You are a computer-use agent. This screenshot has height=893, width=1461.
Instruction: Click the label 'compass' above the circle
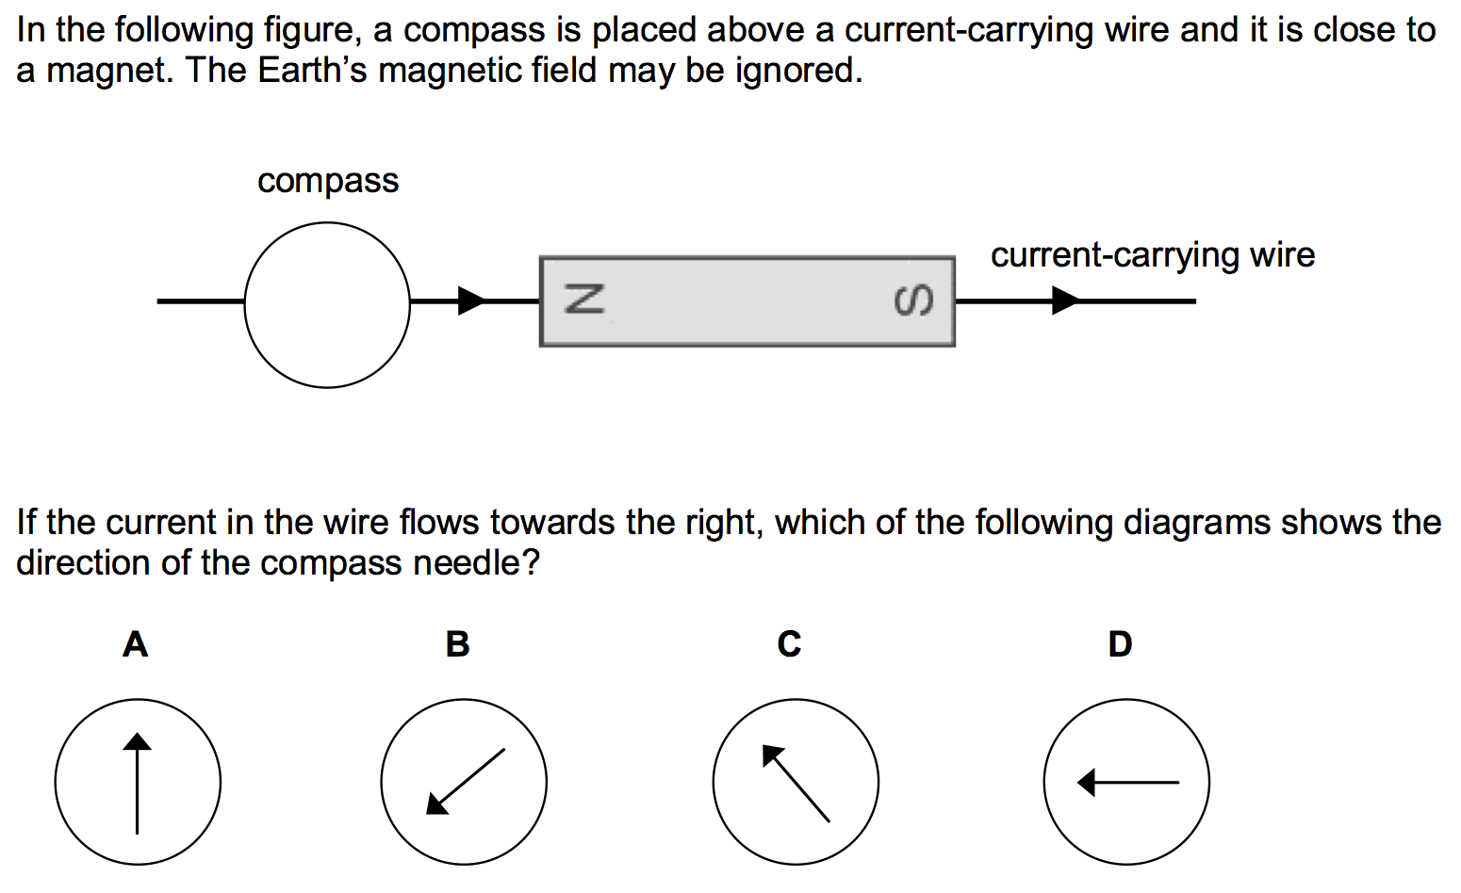(x=328, y=181)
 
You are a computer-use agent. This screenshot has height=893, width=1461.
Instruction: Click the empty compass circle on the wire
(x=327, y=304)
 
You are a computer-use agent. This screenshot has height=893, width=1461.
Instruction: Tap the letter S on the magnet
(x=913, y=300)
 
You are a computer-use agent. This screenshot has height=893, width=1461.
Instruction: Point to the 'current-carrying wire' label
(x=1152, y=255)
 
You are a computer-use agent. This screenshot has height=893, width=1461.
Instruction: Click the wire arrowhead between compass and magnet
(x=470, y=300)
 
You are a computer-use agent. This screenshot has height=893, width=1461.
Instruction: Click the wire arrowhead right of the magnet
(x=1065, y=300)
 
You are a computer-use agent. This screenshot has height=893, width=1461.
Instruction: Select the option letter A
(x=136, y=644)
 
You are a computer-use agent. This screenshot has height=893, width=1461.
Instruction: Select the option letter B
(x=457, y=644)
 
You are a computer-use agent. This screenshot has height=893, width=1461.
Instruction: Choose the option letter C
(x=789, y=644)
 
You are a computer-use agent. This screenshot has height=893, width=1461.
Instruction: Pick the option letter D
(x=1120, y=644)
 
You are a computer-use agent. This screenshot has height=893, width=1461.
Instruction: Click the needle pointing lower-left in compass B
(x=466, y=781)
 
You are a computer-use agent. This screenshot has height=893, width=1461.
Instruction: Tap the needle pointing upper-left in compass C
(x=796, y=783)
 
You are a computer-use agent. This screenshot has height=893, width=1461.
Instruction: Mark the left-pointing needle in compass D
(x=1127, y=782)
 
